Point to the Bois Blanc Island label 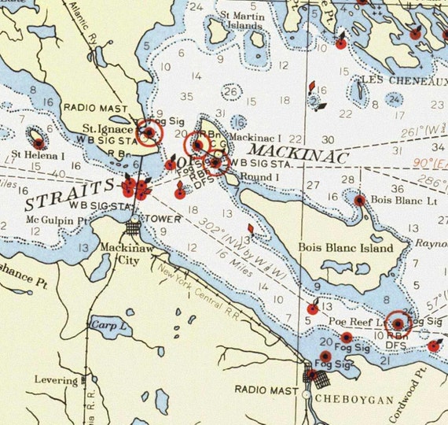(345, 248)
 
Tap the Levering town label (55, 380)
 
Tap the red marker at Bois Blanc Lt (359, 200)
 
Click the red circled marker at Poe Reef (398, 323)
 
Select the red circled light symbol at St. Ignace (147, 134)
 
